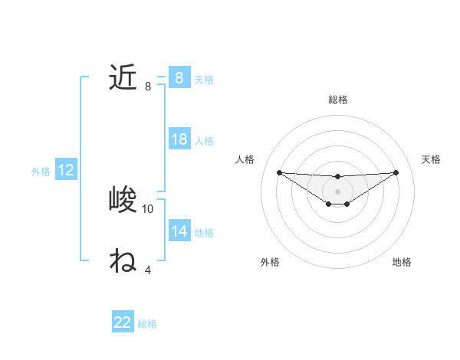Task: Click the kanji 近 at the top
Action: pos(123,77)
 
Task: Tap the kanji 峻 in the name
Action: pos(123,200)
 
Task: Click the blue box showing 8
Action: pos(179,77)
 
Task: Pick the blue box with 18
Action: pos(179,139)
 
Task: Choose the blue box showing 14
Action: pos(179,231)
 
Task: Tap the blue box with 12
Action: pos(66,171)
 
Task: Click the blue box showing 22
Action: pos(123,322)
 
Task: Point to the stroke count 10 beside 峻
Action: pos(148,208)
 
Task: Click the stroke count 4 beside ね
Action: pos(148,270)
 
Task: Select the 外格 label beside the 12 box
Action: pos(41,172)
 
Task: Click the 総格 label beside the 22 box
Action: pos(147,324)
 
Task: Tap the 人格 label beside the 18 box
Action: pos(204,141)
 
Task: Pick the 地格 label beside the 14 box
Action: pos(204,233)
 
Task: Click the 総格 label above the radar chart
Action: pos(337,100)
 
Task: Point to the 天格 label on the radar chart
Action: pos(431,159)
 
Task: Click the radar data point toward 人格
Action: pos(279,172)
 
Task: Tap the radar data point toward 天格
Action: pos(396,172)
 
